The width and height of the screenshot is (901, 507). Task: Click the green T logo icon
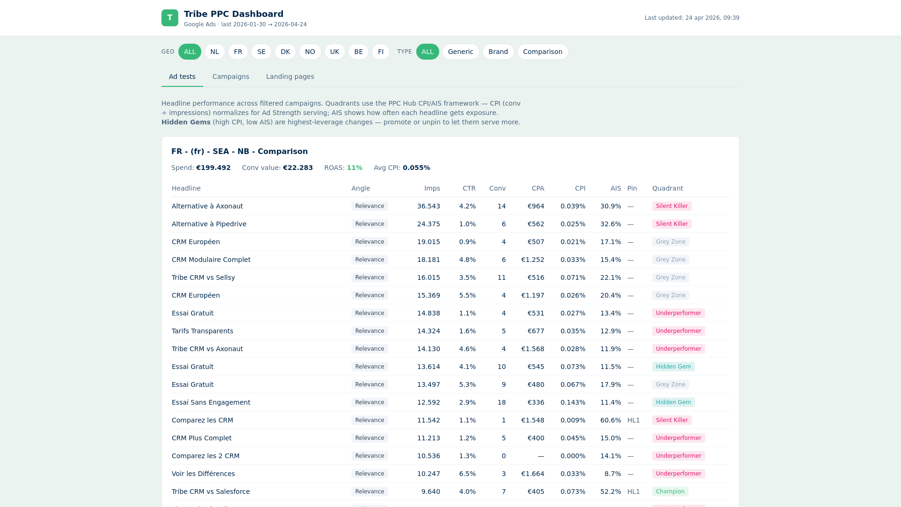(169, 18)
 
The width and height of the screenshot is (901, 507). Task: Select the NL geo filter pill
(214, 52)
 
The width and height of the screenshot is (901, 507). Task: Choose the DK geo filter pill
(285, 52)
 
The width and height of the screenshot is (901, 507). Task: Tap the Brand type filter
(498, 52)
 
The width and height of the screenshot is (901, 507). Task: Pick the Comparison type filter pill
(542, 52)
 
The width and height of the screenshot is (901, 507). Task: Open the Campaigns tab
(230, 77)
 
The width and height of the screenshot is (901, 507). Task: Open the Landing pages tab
(290, 77)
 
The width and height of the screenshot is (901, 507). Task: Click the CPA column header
(538, 188)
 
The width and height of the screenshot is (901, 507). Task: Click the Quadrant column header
(667, 188)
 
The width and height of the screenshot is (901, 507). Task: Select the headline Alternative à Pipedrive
(209, 224)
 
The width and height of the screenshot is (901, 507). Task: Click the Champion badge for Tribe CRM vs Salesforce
(670, 492)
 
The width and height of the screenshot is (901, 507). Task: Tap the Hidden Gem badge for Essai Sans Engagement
(673, 402)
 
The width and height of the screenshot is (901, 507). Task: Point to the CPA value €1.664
(533, 474)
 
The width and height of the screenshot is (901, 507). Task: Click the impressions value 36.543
(428, 206)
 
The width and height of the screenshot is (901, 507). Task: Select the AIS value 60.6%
(611, 420)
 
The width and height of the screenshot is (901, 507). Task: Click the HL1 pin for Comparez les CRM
(634, 420)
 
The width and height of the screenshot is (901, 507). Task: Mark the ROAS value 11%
(354, 168)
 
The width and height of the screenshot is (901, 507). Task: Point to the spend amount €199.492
(213, 168)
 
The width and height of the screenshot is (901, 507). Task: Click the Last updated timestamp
(692, 18)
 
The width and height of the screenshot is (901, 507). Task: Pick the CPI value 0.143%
(573, 402)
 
